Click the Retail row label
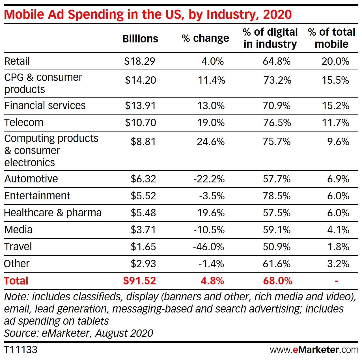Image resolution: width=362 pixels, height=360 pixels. (17, 61)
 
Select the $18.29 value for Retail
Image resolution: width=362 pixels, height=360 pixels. (140, 61)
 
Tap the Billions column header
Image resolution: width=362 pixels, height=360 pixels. (140, 39)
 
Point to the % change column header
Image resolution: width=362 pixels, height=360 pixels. (205, 38)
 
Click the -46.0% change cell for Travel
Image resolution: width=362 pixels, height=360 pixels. (208, 247)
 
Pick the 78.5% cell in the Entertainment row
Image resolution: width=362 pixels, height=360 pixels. (277, 196)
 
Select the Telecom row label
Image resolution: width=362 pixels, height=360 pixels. (24, 122)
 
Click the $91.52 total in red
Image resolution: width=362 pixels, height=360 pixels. (139, 281)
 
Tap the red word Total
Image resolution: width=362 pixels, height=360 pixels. (16, 281)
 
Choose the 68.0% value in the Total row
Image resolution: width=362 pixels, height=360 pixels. (277, 281)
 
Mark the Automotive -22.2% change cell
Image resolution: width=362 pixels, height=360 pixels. (209, 179)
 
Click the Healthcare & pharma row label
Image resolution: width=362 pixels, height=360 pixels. (53, 213)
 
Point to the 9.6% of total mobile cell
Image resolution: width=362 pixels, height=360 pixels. (338, 141)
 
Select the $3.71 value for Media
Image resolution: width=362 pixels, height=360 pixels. (143, 230)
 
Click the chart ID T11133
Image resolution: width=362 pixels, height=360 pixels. (21, 350)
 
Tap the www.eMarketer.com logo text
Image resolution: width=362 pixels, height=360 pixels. (314, 350)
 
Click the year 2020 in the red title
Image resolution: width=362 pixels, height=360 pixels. (277, 14)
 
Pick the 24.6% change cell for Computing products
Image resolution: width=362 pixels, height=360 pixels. (211, 141)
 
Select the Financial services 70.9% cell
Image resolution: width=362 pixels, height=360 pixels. (277, 105)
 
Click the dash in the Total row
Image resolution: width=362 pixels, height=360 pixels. (336, 281)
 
